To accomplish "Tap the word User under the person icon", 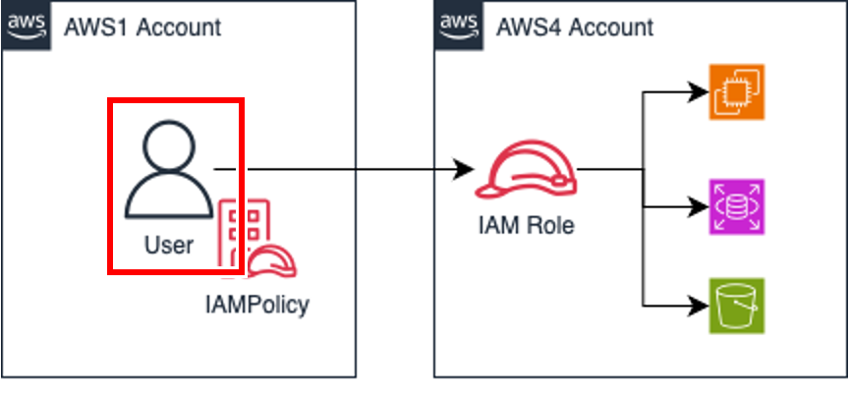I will pyautogui.click(x=169, y=245).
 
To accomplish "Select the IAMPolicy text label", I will pyautogui.click(x=256, y=304).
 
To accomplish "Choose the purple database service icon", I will pyautogui.click(x=736, y=206).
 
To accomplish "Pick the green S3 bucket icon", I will pyautogui.click(x=736, y=306).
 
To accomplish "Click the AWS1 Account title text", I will pyautogui.click(x=142, y=27).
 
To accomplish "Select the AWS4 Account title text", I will pyautogui.click(x=575, y=27).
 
